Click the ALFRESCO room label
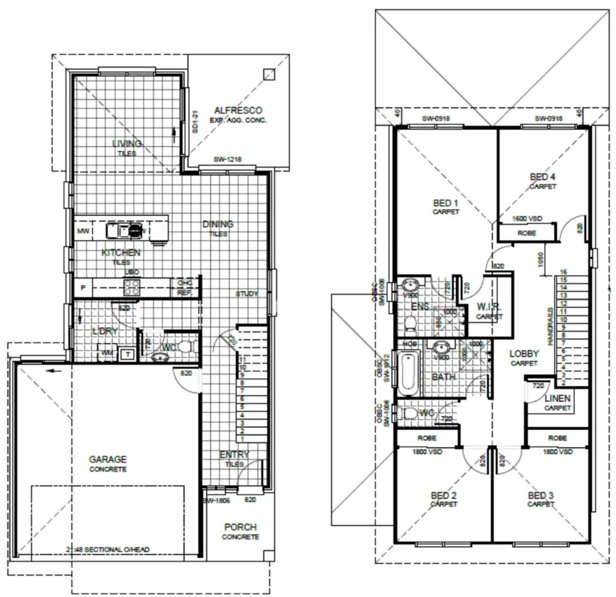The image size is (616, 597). (237, 110)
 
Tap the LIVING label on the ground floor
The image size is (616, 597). (127, 144)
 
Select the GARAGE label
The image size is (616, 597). (108, 459)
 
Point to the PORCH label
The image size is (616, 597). (240, 527)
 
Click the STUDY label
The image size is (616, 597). (246, 294)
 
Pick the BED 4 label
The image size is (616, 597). (542, 177)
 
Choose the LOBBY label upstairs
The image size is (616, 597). (524, 354)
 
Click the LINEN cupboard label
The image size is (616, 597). (557, 399)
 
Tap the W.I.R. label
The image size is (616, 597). (489, 307)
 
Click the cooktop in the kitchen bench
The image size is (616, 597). (132, 286)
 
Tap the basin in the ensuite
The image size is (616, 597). (410, 286)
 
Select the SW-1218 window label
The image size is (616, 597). (227, 160)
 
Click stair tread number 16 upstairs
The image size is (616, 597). (563, 272)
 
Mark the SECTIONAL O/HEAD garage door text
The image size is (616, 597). (107, 549)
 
